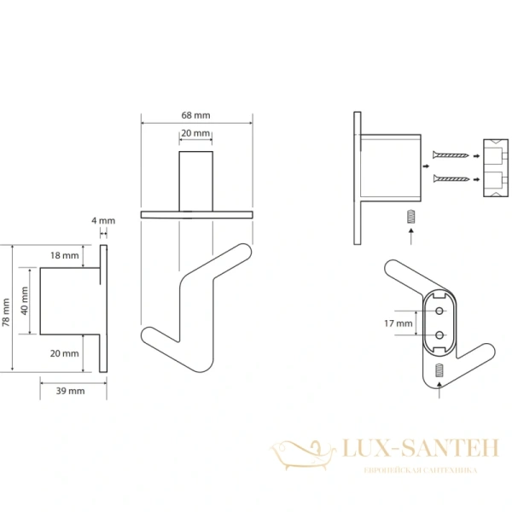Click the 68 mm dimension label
(x=195, y=115)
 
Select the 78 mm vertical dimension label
(x=6, y=312)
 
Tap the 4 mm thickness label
(x=103, y=221)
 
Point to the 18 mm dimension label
(x=64, y=255)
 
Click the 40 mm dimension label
(x=25, y=300)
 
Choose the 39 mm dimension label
(x=70, y=391)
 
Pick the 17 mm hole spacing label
(x=398, y=323)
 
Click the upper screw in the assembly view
(x=451, y=154)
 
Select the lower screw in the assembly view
(x=451, y=178)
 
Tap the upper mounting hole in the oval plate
(x=439, y=311)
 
